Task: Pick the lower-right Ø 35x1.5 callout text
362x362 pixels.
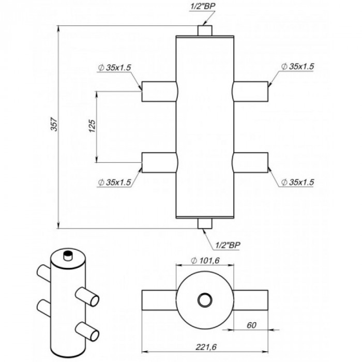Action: [298, 182]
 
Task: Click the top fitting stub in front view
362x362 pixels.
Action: [204, 31]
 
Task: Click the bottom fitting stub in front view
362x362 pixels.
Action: [204, 223]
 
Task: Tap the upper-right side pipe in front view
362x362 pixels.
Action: [251, 92]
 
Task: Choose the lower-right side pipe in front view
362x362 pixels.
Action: [251, 162]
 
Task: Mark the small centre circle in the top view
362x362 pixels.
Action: [205, 299]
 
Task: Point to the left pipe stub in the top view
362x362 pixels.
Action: [158, 299]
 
